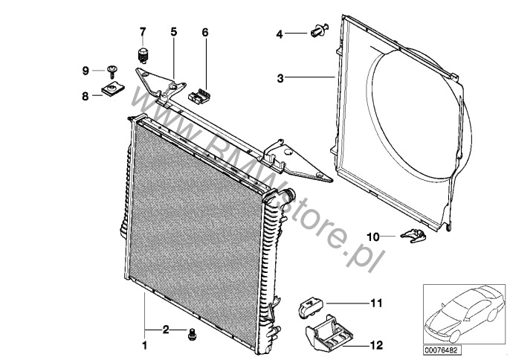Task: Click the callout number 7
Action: [143, 32]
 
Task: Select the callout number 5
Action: [174, 32]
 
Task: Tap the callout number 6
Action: [205, 32]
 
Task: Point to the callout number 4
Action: [280, 34]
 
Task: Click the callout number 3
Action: [280, 78]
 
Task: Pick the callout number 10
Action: [373, 237]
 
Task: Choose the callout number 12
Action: [377, 345]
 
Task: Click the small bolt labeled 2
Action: [192, 334]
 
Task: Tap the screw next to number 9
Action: [112, 72]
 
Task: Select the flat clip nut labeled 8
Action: [112, 89]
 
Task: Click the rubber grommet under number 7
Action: [143, 56]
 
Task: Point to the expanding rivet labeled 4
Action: [320, 30]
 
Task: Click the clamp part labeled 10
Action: [413, 235]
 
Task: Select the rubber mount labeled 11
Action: [311, 307]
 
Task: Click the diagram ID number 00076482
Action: [442, 350]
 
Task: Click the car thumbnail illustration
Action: [464, 314]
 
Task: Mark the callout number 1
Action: [145, 345]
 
